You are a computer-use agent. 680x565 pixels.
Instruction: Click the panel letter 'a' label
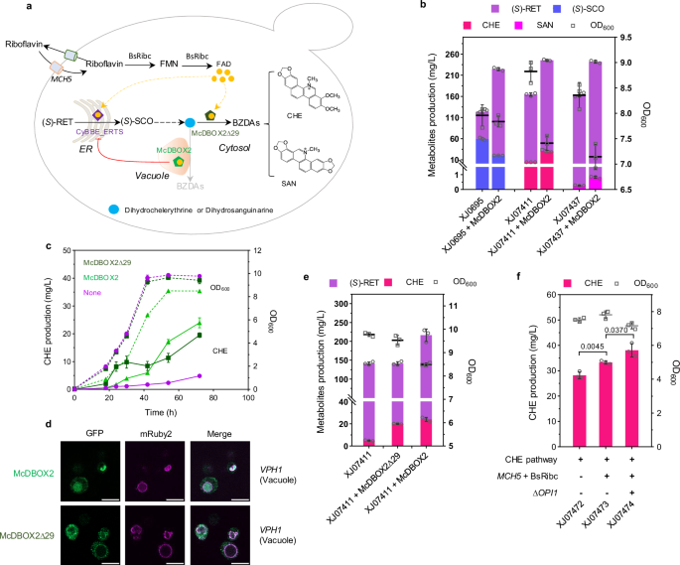tap(10, 8)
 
